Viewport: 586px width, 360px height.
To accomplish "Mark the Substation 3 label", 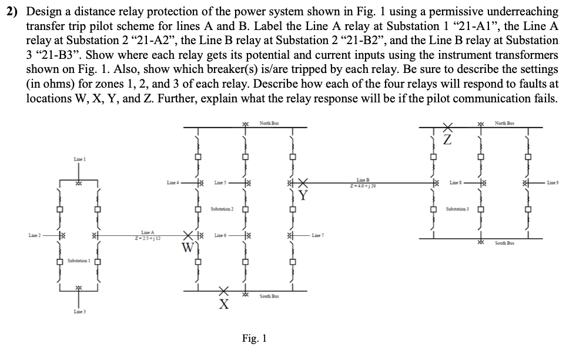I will click(457, 209).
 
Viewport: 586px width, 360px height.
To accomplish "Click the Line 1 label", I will click(79, 159).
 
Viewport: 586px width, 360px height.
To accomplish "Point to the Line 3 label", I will click(79, 311).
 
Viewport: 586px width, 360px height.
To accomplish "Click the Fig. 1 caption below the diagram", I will click(254, 339).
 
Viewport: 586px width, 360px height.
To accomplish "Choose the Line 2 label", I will click(36, 235).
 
